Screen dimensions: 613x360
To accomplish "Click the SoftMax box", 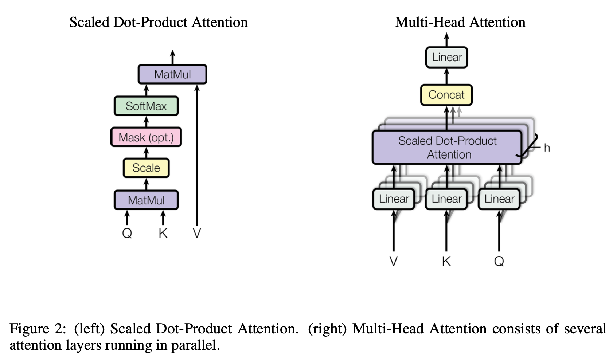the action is (146, 106).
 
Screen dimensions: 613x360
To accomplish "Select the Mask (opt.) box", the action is (146, 137).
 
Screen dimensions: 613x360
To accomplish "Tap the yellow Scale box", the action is (146, 168).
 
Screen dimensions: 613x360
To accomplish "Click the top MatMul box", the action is (172, 74).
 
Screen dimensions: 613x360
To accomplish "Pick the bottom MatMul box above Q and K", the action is (146, 200).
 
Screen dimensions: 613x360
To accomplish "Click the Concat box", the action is (446, 95).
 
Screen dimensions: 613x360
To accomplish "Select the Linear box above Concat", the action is (446, 57).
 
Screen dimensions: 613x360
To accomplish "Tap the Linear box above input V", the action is (394, 199).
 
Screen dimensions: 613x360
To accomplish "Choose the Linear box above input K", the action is (446, 199).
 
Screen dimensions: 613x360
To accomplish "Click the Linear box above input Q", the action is (499, 199).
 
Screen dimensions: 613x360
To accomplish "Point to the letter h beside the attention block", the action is (547, 148).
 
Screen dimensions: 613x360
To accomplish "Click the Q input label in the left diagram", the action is (127, 233).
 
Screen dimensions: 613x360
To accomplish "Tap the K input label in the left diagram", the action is (163, 233).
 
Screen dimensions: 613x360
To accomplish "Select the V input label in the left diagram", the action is (197, 233).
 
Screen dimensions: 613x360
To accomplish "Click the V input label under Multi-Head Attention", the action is (394, 261).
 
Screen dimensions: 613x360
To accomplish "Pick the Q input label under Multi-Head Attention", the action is (499, 262).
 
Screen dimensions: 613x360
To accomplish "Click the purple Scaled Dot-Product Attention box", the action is (447, 148).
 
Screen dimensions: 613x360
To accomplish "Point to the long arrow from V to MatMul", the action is (197, 155).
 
